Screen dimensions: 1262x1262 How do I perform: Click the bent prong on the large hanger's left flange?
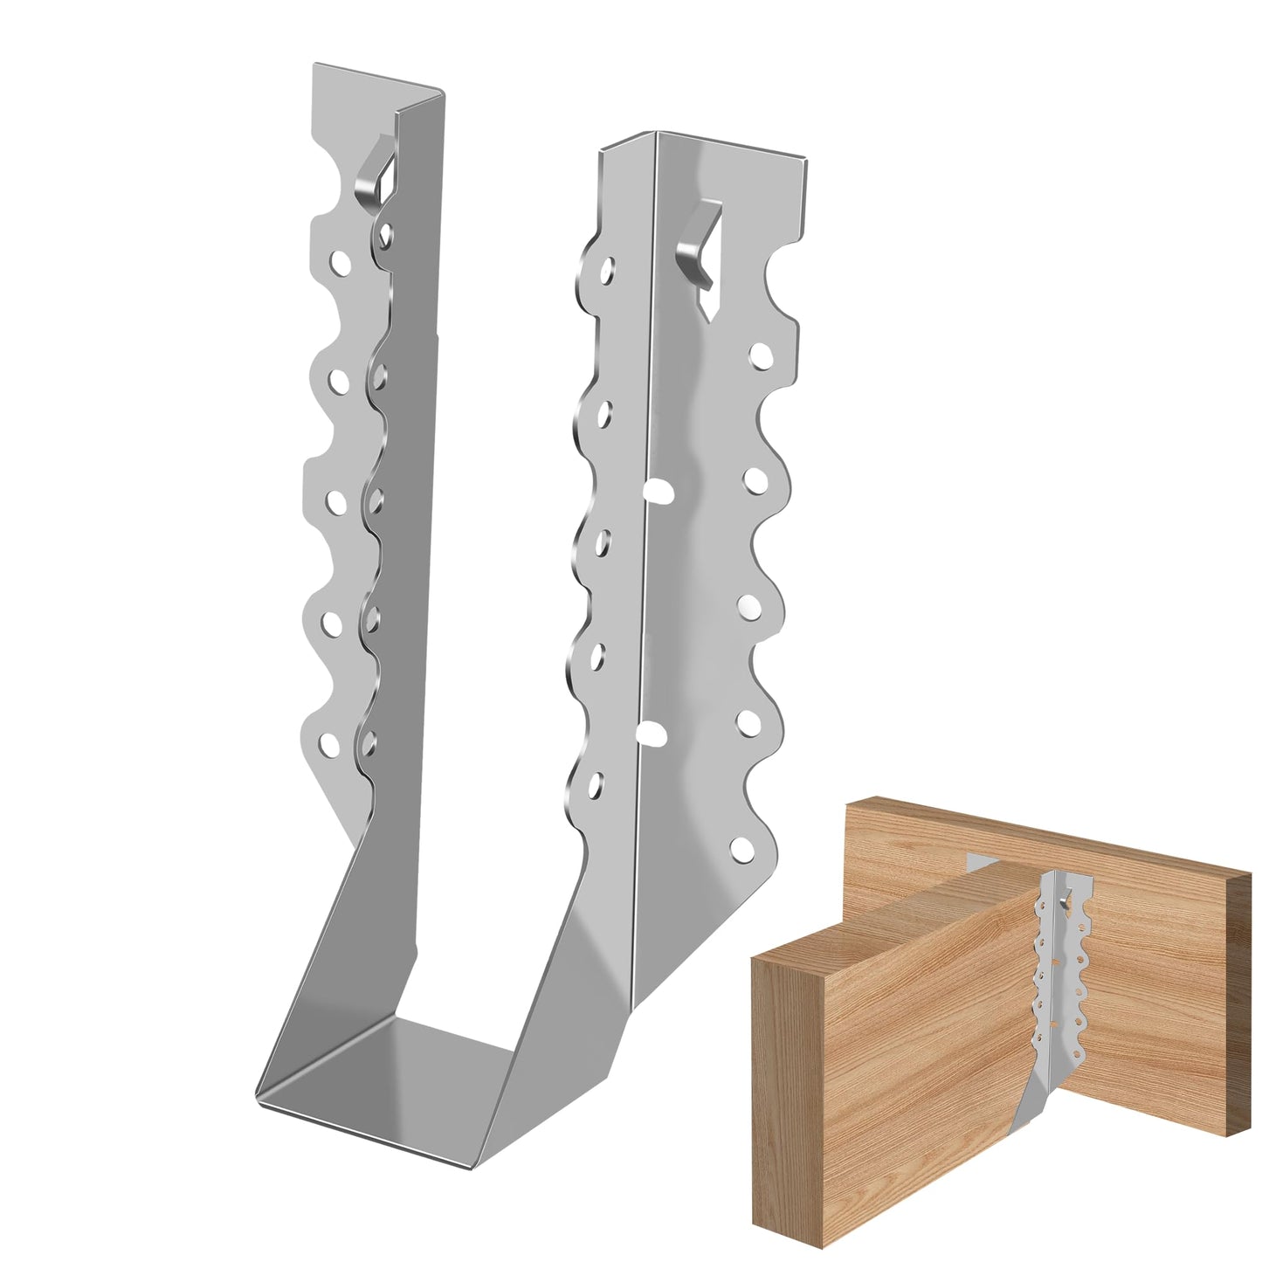374,176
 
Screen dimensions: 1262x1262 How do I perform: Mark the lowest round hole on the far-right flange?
741,846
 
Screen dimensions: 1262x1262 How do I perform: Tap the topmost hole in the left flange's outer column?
339,260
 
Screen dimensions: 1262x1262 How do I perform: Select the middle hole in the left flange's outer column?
334,502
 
